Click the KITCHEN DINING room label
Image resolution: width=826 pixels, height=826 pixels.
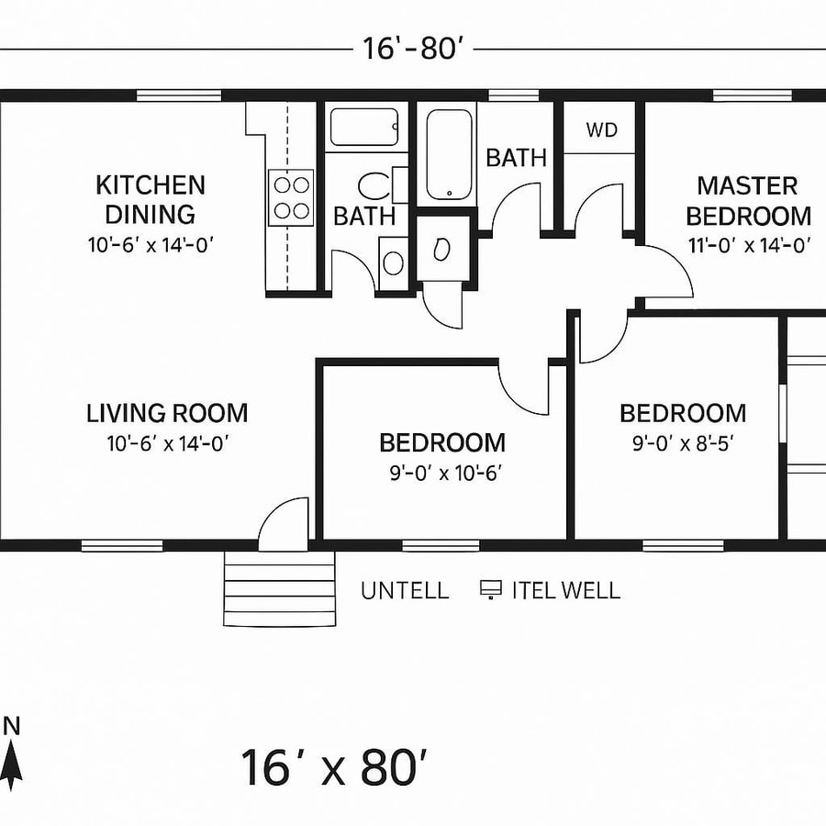(x=151, y=200)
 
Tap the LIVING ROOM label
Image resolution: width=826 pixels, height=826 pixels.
(x=167, y=413)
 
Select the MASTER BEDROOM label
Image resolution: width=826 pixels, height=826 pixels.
(x=748, y=201)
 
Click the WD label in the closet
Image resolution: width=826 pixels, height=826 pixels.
(x=602, y=129)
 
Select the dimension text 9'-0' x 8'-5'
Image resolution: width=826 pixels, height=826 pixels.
(x=682, y=443)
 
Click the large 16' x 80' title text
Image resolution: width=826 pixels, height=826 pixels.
(x=334, y=767)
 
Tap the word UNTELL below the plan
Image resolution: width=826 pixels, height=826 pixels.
(x=405, y=591)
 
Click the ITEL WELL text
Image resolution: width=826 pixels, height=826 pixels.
(x=565, y=591)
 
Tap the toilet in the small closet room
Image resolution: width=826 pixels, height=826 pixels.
(x=441, y=248)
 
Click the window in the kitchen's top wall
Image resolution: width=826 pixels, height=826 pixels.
(x=179, y=95)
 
